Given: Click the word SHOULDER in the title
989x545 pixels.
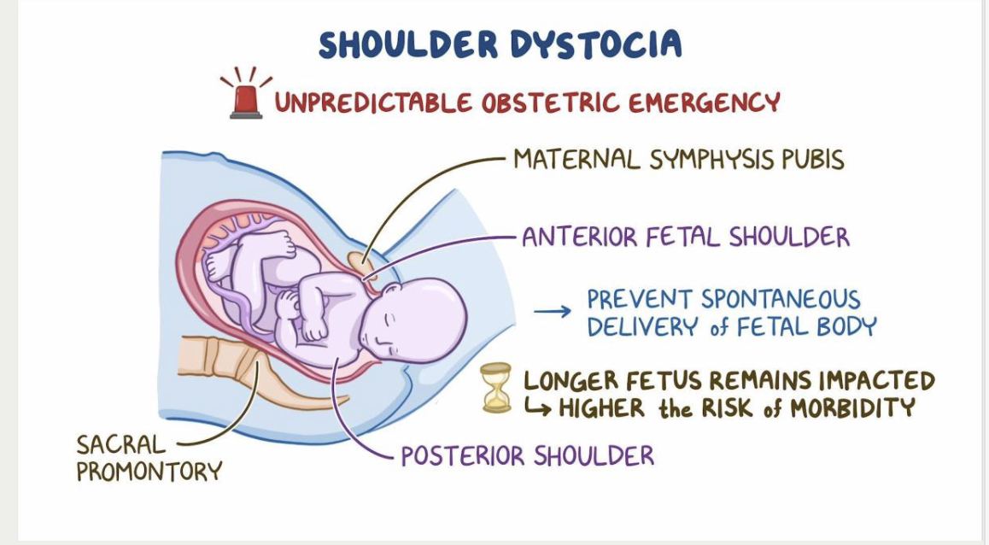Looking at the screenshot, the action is tap(407, 44).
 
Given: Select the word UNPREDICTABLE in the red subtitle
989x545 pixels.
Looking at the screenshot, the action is tap(374, 103).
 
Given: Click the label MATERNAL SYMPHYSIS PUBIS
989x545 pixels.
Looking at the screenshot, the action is tap(678, 160).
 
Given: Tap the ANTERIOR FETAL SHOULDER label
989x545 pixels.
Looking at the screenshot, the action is tap(686, 237).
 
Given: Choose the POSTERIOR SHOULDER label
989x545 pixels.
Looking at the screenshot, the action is tap(527, 456).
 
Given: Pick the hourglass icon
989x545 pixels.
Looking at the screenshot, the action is tap(495, 388).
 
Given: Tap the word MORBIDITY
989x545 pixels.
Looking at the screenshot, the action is tap(852, 408).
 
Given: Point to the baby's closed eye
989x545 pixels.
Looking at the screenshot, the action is tap(389, 322).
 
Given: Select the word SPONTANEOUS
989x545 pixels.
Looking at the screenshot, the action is tap(781, 300).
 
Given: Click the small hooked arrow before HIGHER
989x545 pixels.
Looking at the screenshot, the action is tap(537, 409).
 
